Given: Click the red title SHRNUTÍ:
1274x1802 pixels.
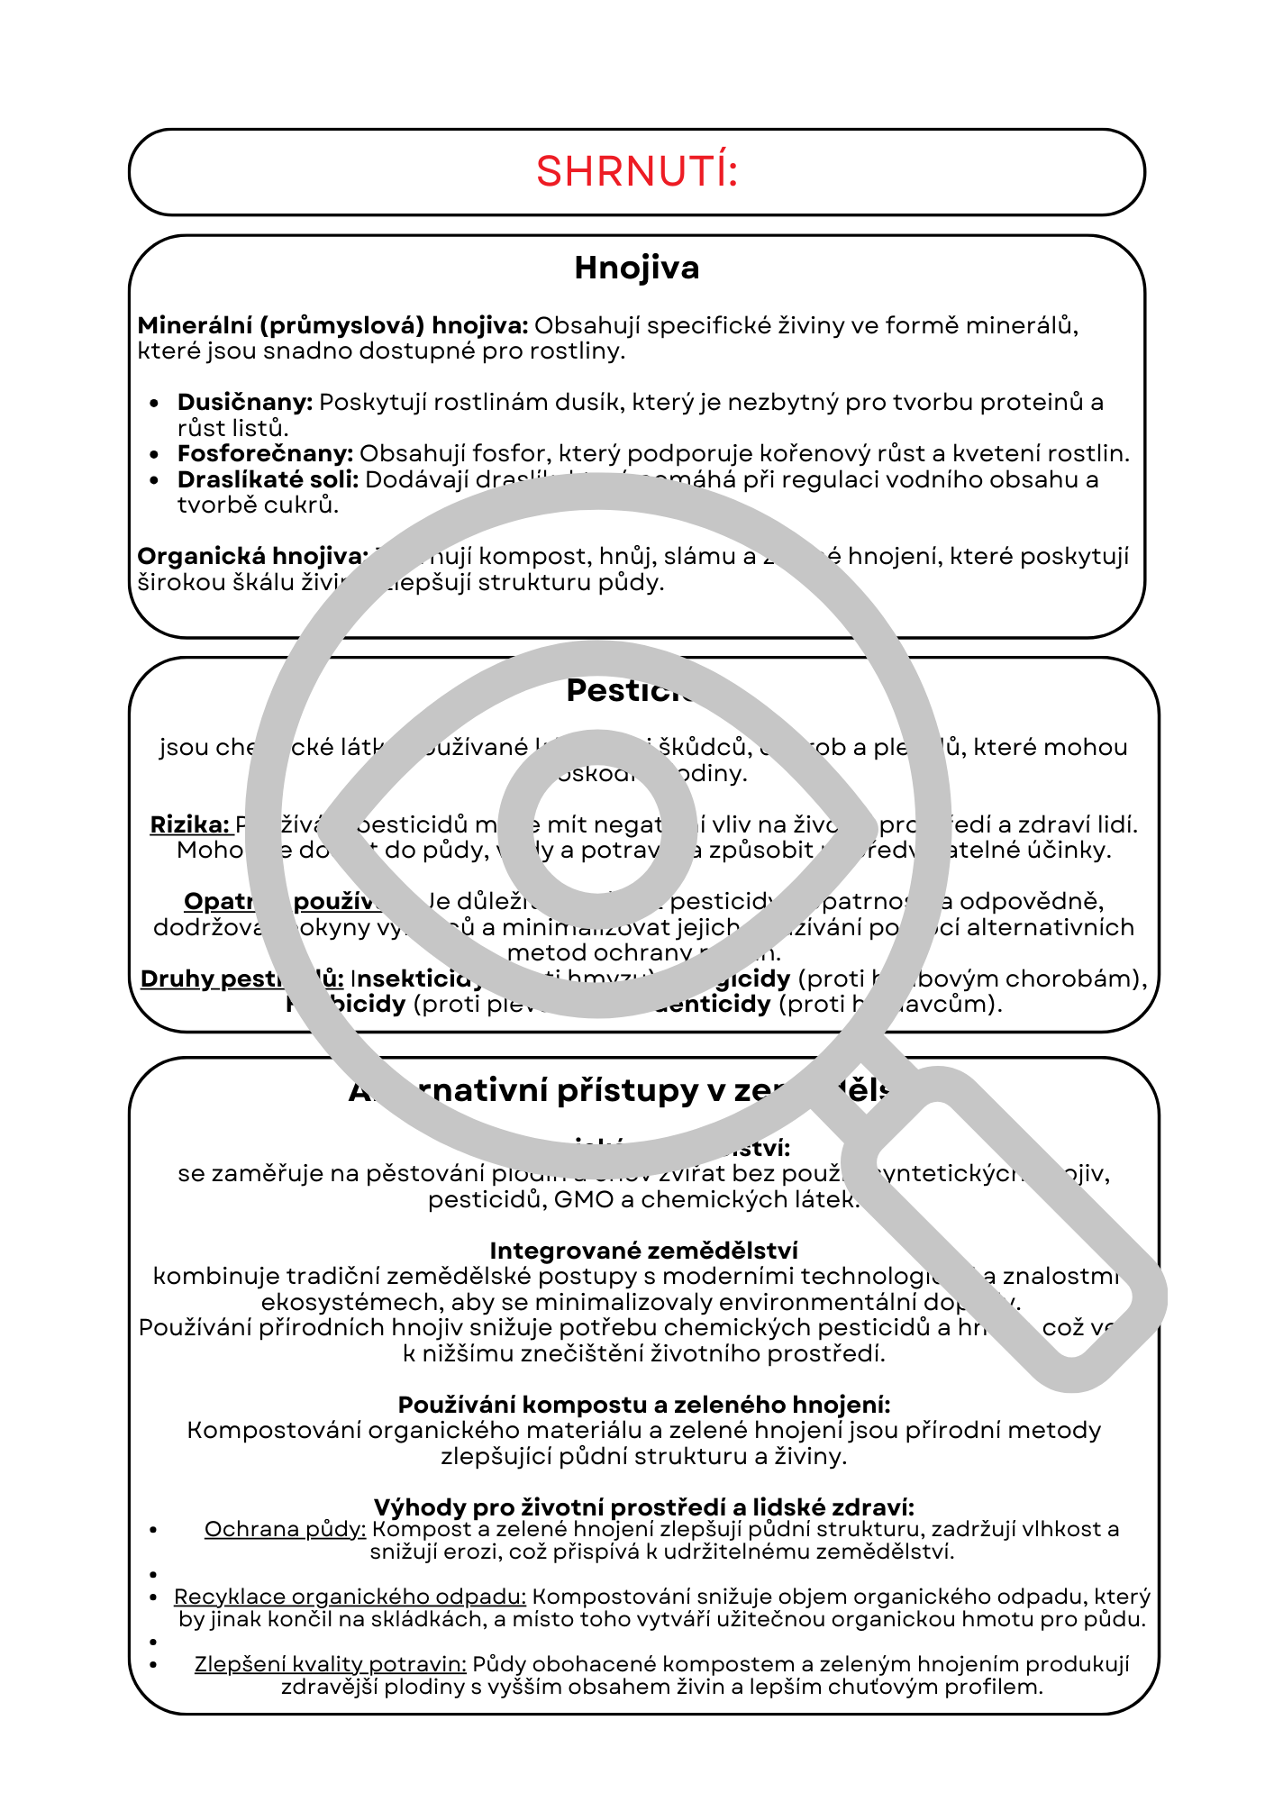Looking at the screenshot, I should click(x=636, y=171).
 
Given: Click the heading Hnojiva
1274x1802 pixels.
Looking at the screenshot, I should click(x=636, y=268).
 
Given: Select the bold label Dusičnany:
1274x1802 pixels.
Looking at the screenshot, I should click(x=244, y=402).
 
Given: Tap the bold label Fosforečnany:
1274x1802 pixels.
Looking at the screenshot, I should click(x=265, y=453).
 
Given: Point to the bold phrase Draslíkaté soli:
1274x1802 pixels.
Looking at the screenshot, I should click(x=268, y=479).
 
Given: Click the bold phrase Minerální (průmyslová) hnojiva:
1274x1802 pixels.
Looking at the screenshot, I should click(x=332, y=325).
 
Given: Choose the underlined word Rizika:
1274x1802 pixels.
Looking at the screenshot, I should click(x=189, y=824).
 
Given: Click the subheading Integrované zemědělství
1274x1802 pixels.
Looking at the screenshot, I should click(x=643, y=1251).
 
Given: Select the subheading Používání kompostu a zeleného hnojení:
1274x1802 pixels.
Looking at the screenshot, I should click(x=643, y=1405).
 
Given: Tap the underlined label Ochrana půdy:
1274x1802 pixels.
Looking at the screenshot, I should click(x=285, y=1529).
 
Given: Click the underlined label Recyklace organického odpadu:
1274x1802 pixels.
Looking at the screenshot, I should click(x=350, y=1597).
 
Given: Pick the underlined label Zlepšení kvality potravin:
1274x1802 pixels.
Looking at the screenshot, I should click(x=330, y=1664).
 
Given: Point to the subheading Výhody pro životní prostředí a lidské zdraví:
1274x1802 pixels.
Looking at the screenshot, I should click(x=643, y=1507).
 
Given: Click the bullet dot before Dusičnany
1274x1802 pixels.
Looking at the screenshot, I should click(x=156, y=404).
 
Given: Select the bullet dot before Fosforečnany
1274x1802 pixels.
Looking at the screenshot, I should click(x=156, y=455).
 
